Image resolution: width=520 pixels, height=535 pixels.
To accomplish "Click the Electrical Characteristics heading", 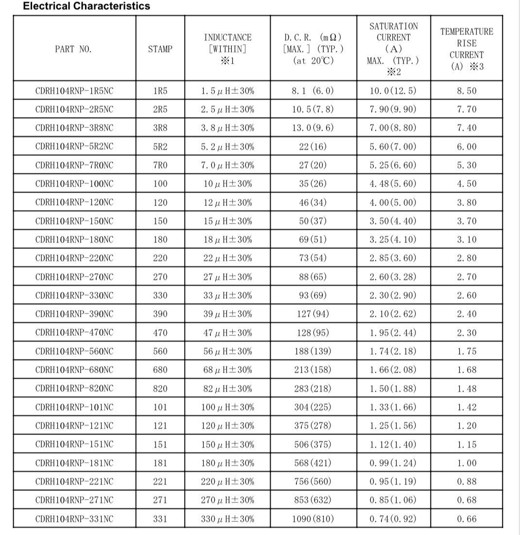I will point(87,6).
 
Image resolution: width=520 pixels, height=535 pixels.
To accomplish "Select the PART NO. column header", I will point(73,49).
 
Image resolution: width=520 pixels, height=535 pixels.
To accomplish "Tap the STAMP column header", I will point(160,49).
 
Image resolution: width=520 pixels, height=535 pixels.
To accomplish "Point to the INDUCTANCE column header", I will point(227,49).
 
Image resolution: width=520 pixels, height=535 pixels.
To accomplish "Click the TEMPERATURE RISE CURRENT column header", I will point(467,49).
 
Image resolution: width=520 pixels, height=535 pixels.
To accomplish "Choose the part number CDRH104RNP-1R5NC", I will point(74,91).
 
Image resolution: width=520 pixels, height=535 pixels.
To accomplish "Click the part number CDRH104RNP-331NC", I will point(74,519).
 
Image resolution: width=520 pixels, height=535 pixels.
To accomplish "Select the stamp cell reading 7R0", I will point(160,165).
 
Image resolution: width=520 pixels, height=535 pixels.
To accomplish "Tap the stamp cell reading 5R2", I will point(160,147).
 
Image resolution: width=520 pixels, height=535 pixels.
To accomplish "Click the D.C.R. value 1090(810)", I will point(313,519).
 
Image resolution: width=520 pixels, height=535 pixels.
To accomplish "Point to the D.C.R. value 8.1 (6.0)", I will point(313,91).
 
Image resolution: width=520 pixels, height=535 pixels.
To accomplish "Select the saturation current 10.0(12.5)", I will point(393,91).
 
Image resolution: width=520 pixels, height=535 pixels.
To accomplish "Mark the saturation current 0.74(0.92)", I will point(393,519).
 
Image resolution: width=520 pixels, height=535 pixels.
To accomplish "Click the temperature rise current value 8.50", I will point(467,91).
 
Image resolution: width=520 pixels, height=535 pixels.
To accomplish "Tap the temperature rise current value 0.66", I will point(467,519).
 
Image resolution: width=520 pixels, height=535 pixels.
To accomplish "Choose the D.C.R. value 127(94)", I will point(313,314).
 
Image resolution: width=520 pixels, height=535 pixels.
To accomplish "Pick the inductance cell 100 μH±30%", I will point(227,407).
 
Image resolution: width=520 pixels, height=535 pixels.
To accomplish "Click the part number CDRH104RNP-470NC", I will point(74,333).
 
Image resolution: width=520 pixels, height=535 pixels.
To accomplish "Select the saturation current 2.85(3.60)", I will point(393,258).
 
